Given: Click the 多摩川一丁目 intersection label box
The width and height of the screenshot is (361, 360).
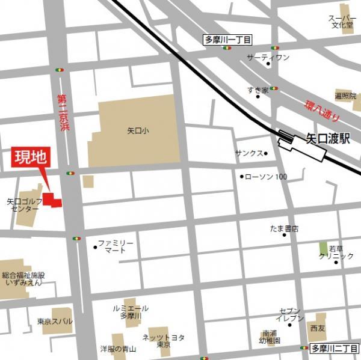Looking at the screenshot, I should tap(227, 40).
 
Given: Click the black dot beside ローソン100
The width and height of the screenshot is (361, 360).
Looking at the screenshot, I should tap(242, 177).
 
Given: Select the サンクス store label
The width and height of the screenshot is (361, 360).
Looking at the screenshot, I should tap(248, 153).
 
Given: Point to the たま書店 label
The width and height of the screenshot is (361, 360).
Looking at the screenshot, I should tap(284, 229).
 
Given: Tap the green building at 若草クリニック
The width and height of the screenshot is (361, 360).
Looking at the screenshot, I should tap(324, 248).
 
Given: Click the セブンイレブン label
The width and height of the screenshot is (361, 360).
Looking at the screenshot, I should tap(290, 314).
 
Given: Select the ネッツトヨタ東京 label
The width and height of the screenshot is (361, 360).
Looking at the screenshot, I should tap(164, 341).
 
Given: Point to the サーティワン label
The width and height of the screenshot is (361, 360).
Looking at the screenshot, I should tap(268, 57).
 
